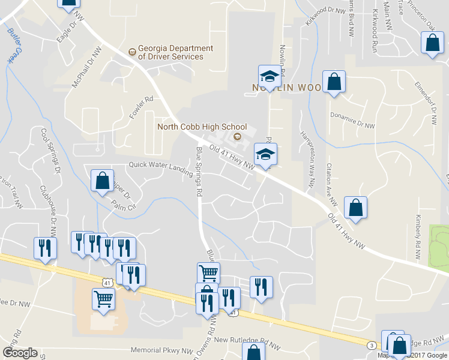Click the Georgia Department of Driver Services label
(170, 52)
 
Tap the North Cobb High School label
(202, 127)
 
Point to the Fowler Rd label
(140, 107)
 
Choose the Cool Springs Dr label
(50, 150)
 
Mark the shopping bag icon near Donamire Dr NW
(334, 82)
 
